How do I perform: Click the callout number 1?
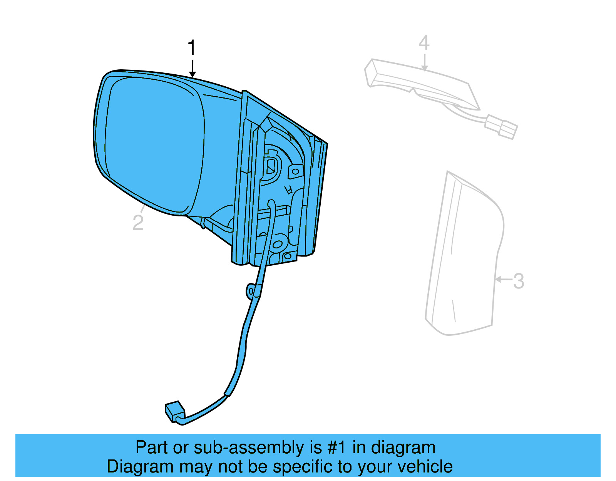pos(191,48)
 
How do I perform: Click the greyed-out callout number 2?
pos(138,223)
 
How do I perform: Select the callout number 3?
pos(519,281)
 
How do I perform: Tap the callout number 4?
pos(424,43)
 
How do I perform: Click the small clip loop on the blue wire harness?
pos(251,291)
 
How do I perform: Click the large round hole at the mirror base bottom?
pos(277,244)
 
